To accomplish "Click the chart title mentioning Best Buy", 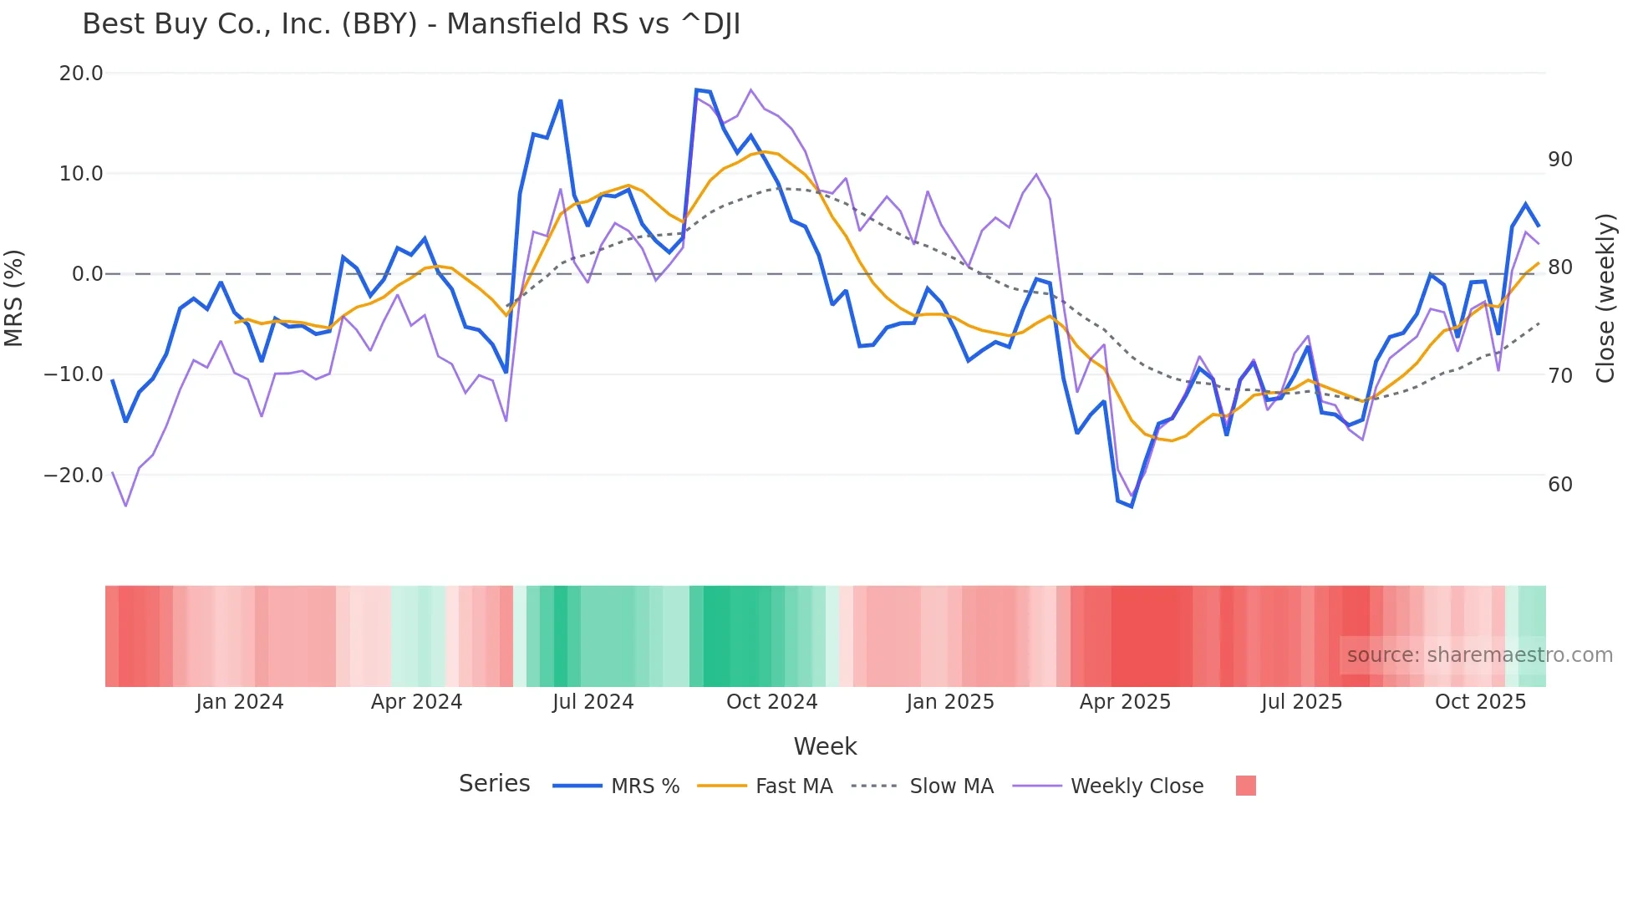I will (411, 24).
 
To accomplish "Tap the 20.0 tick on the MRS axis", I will (81, 74).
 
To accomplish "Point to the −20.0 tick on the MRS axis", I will (74, 476).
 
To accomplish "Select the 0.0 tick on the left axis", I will (88, 274).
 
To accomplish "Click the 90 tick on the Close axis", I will (1559, 160).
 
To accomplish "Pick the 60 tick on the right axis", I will (1559, 485).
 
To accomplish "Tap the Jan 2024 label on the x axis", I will (240, 702).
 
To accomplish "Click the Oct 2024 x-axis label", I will (771, 702).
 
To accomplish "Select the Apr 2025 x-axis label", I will (1125, 702).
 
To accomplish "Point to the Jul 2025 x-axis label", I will (1301, 702).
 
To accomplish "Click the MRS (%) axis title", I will (14, 298).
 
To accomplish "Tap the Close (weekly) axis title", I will (1605, 298).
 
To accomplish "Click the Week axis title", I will (825, 746).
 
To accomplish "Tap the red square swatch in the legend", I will (1245, 786).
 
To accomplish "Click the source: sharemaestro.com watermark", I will (1479, 655).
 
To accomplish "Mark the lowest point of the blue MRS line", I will (1132, 506).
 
